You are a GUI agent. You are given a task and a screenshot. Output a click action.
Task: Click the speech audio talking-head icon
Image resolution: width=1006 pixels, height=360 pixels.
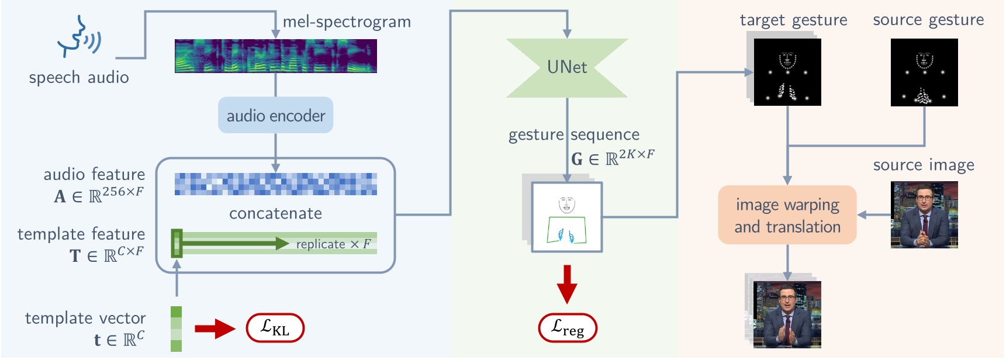point(78,37)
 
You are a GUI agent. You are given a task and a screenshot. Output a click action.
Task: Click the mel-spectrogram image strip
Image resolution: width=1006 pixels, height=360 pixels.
point(275,56)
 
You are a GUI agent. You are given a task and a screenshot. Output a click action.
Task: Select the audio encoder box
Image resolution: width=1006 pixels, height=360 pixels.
point(275,116)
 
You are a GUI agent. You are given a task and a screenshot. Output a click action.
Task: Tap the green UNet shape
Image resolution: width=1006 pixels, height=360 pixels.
point(566,68)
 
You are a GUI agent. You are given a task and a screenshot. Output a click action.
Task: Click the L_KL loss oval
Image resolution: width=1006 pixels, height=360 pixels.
point(275,328)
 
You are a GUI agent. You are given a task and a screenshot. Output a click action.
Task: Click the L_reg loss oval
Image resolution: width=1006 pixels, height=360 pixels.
point(567,328)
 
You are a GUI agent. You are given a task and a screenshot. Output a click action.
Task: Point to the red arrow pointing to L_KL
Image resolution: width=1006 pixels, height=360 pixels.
point(214,328)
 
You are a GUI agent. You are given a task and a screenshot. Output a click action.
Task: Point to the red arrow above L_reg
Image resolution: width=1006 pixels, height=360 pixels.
point(566,284)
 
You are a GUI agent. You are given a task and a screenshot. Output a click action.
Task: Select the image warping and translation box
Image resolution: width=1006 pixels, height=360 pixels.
point(787,215)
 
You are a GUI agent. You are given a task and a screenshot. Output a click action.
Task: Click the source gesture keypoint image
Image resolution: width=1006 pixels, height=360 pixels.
point(924,72)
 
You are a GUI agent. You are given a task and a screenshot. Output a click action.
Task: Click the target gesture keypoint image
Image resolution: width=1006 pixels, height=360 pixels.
point(787,72)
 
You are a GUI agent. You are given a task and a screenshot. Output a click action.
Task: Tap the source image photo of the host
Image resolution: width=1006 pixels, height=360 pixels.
point(924,214)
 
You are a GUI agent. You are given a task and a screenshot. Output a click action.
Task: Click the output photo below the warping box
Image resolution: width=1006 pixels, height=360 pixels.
point(787,314)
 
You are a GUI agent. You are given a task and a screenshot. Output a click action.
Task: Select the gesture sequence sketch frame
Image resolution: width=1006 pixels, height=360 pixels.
point(566,217)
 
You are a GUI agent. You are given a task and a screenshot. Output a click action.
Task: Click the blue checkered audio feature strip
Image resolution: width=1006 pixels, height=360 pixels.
point(275,184)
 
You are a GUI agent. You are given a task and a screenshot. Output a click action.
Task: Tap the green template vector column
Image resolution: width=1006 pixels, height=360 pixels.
point(176,329)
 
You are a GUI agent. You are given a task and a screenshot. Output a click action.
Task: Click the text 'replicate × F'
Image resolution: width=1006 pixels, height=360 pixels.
point(333,244)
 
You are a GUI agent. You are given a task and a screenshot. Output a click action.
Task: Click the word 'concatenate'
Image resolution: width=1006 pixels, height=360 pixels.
point(275,213)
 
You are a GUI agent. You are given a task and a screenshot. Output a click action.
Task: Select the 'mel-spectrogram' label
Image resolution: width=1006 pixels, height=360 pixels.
point(347,22)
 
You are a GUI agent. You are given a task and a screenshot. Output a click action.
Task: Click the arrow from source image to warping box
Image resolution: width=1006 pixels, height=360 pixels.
point(873,215)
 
